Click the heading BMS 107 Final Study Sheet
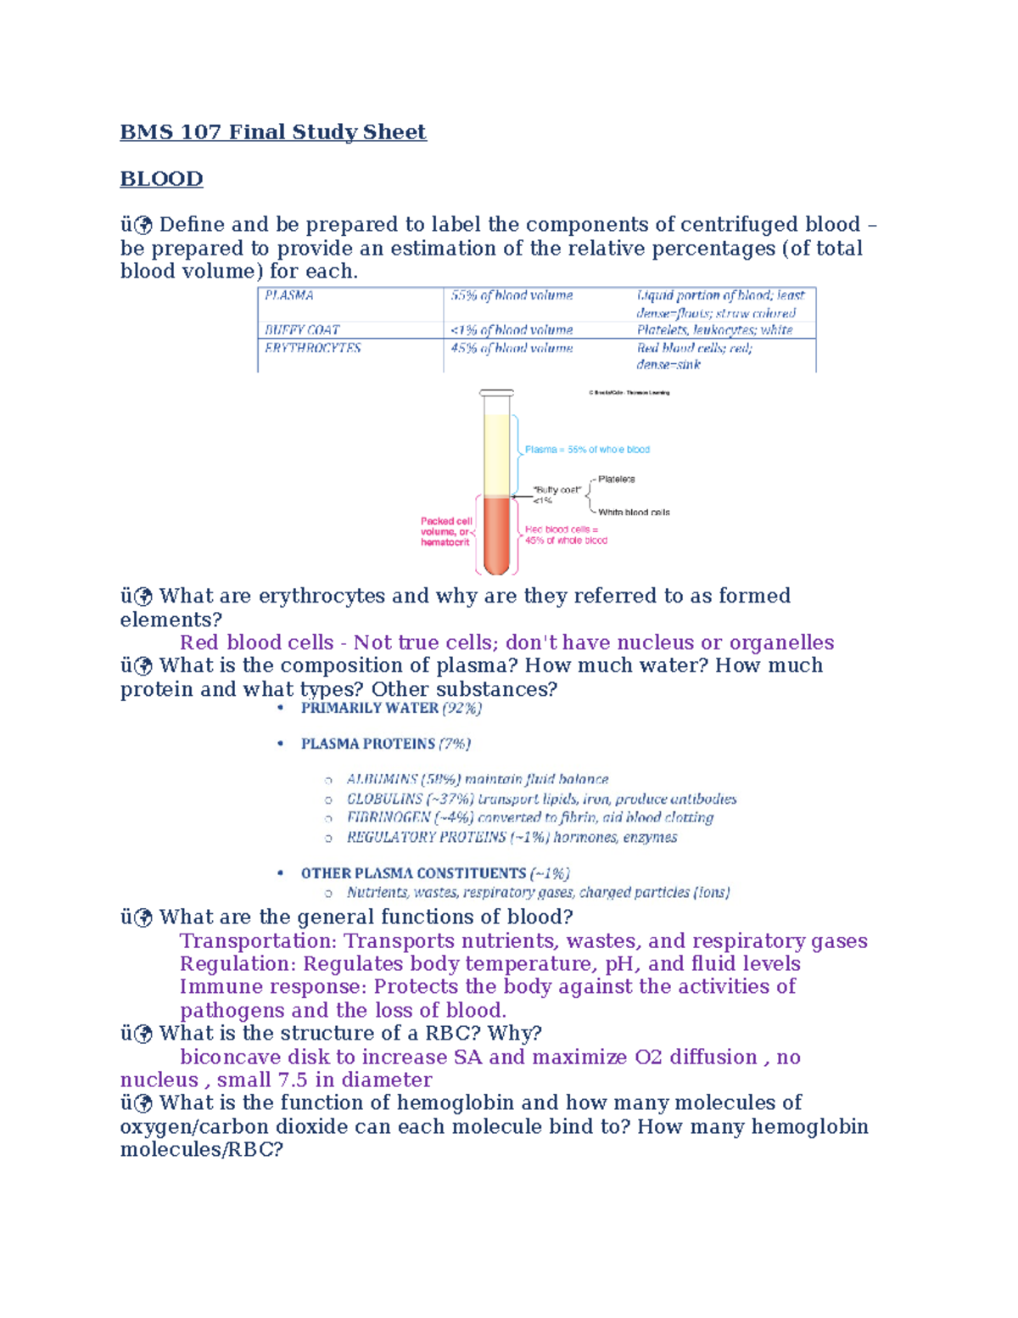click(x=272, y=132)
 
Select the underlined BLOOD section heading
click(x=161, y=179)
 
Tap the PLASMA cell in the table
click(x=289, y=295)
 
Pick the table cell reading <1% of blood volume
click(x=512, y=329)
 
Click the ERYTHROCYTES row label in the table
click(x=312, y=348)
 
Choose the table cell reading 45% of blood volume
click(x=512, y=348)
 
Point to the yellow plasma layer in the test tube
click(x=496, y=454)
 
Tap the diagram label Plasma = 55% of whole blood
click(x=587, y=450)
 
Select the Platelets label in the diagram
click(x=616, y=480)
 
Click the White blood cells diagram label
click(x=634, y=513)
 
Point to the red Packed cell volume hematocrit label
click(x=445, y=531)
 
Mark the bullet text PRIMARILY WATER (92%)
click(x=391, y=708)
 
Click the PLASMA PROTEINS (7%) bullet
click(x=385, y=743)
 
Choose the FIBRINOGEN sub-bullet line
click(x=529, y=817)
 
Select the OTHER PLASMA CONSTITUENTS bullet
click(x=435, y=873)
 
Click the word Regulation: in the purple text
click(x=238, y=964)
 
